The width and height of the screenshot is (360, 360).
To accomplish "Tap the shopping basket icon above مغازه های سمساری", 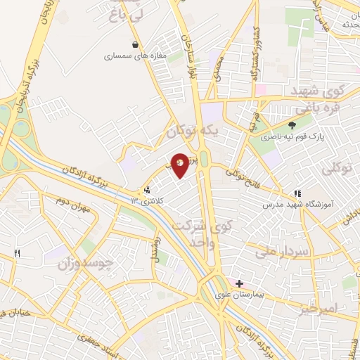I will click(135, 44).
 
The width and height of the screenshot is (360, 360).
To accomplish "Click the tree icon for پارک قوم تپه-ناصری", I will click(291, 125).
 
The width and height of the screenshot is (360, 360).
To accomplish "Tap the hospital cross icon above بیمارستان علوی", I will click(240, 283).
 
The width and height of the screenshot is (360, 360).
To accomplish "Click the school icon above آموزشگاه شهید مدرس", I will click(297, 193).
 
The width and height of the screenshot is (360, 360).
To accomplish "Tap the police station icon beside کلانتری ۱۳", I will click(147, 190).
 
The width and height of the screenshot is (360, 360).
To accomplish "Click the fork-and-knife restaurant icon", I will click(17, 253).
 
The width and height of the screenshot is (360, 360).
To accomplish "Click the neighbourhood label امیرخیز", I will click(318, 308).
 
